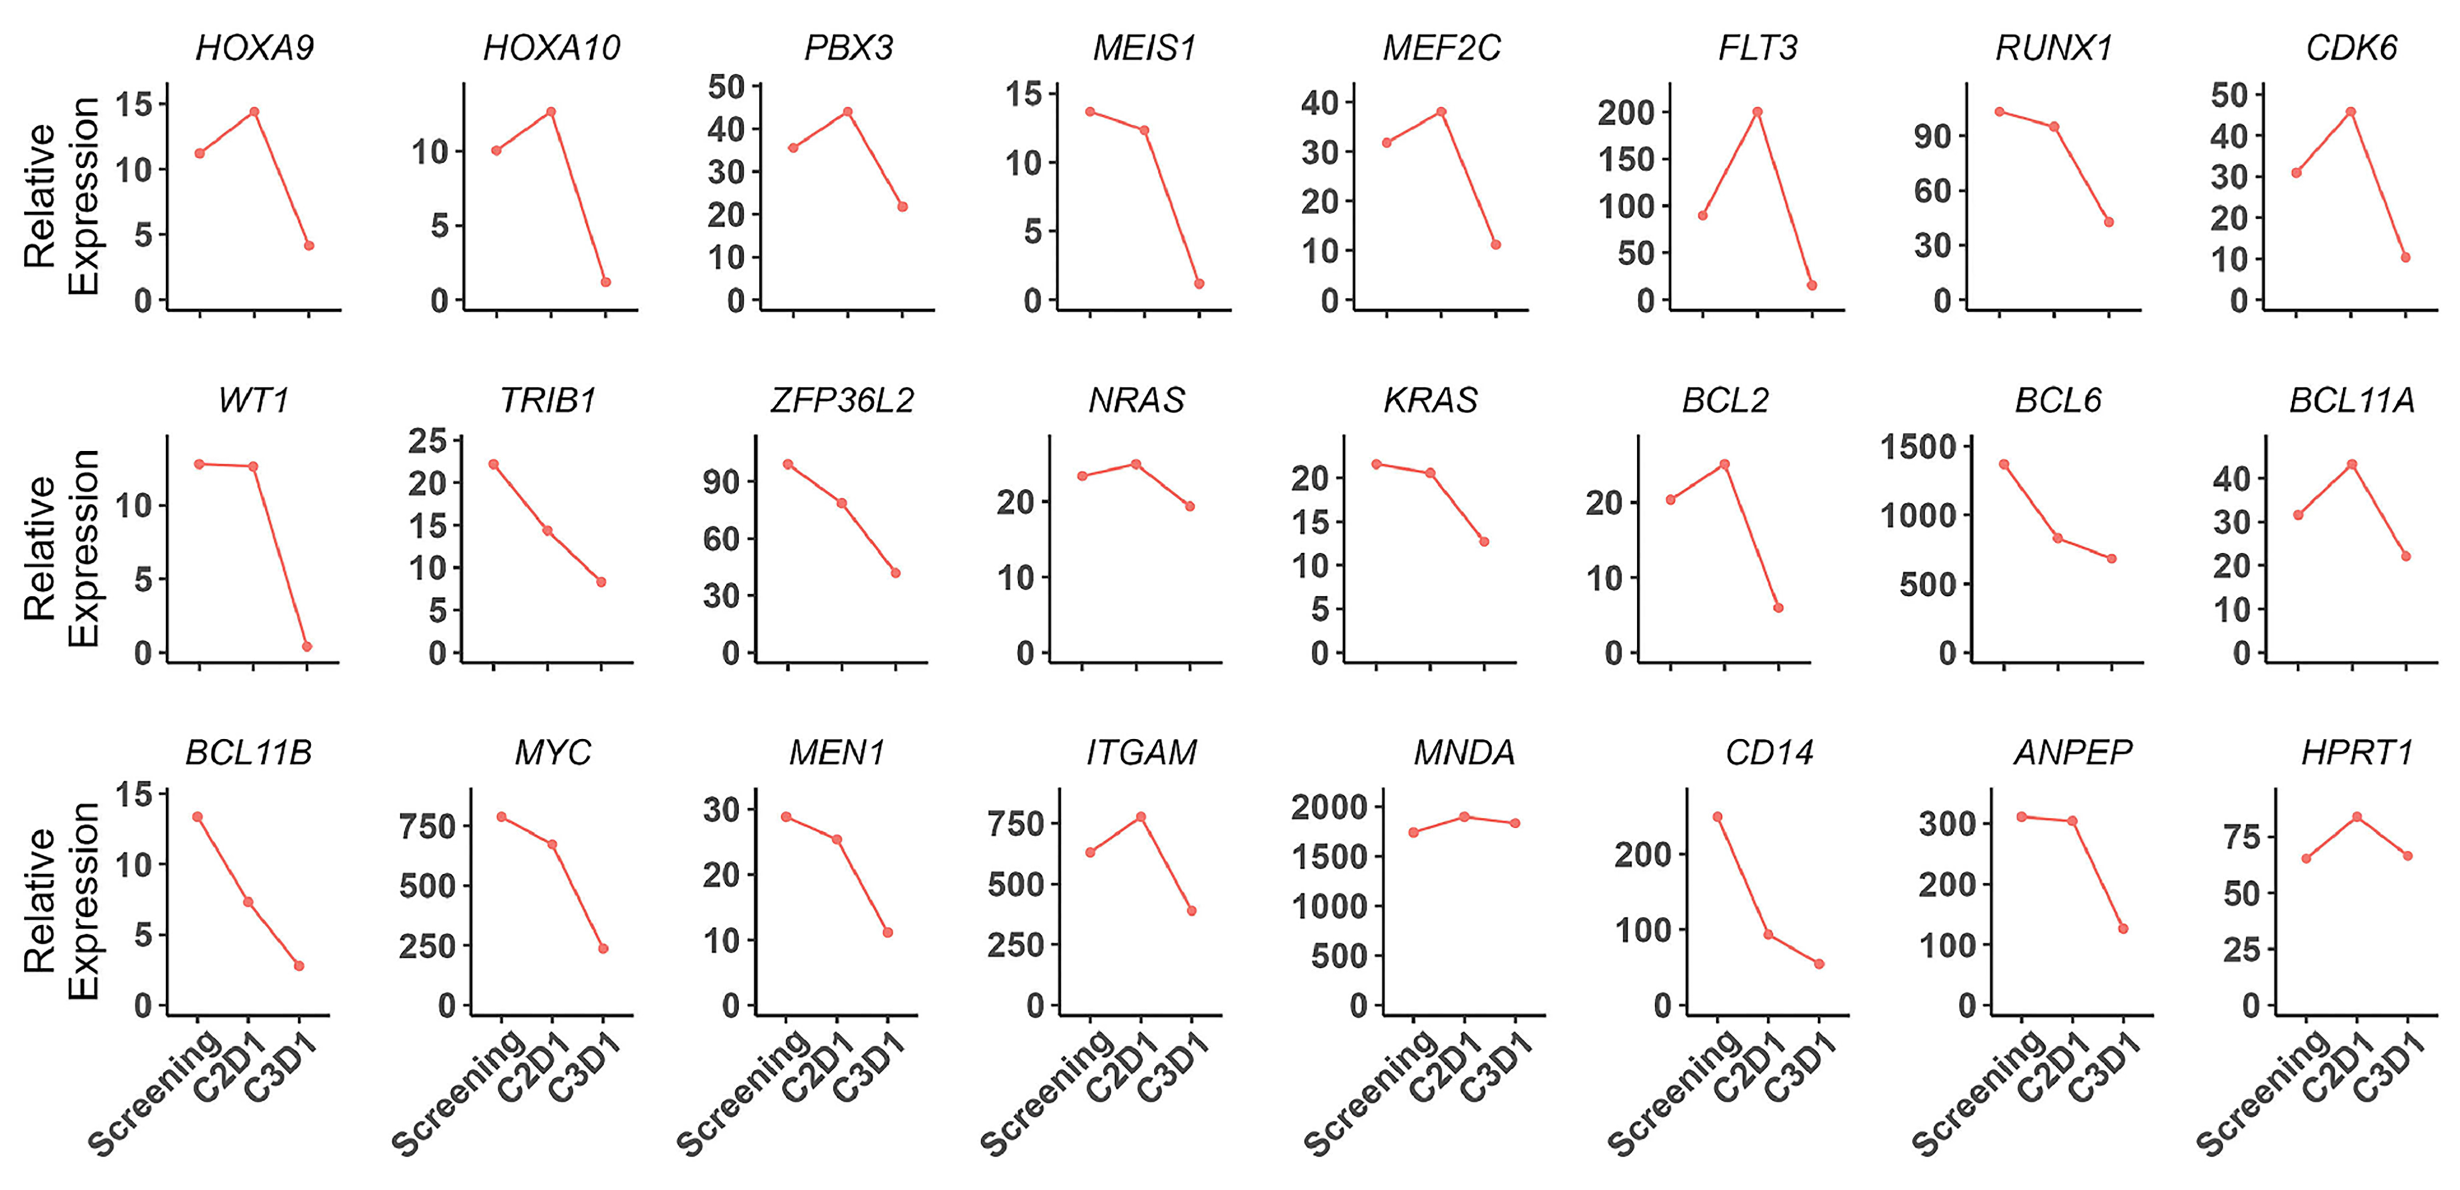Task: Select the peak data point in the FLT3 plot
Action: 1757,112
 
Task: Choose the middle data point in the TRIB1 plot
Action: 547,531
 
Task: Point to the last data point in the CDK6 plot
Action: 2406,257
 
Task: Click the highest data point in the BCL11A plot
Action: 2352,464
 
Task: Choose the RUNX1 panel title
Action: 2053,48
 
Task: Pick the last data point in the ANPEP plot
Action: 2123,928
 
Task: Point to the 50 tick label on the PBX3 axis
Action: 727,87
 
